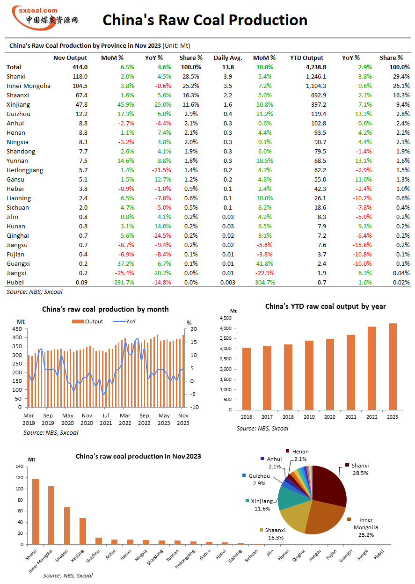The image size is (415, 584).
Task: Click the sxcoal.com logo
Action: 45,18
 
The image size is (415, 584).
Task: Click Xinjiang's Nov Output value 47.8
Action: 81,104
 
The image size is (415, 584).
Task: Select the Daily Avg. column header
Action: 228,58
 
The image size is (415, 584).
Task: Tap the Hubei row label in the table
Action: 15,282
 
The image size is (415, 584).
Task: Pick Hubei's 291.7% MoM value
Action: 124,282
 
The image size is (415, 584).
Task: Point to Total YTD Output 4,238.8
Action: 316,67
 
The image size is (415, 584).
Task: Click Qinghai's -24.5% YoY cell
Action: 161,236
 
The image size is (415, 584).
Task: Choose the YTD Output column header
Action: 306,58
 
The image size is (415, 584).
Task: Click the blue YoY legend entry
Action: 124,321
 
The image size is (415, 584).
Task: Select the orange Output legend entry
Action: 87,321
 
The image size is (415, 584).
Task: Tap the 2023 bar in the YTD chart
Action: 393,366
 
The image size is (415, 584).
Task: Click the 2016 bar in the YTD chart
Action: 247,379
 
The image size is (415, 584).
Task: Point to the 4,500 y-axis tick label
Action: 226,318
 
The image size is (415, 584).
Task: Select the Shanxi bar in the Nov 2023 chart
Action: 36,511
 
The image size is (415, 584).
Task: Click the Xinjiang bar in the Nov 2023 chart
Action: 83,531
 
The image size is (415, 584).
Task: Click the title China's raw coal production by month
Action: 105,309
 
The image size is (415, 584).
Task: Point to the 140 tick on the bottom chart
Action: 20,467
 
